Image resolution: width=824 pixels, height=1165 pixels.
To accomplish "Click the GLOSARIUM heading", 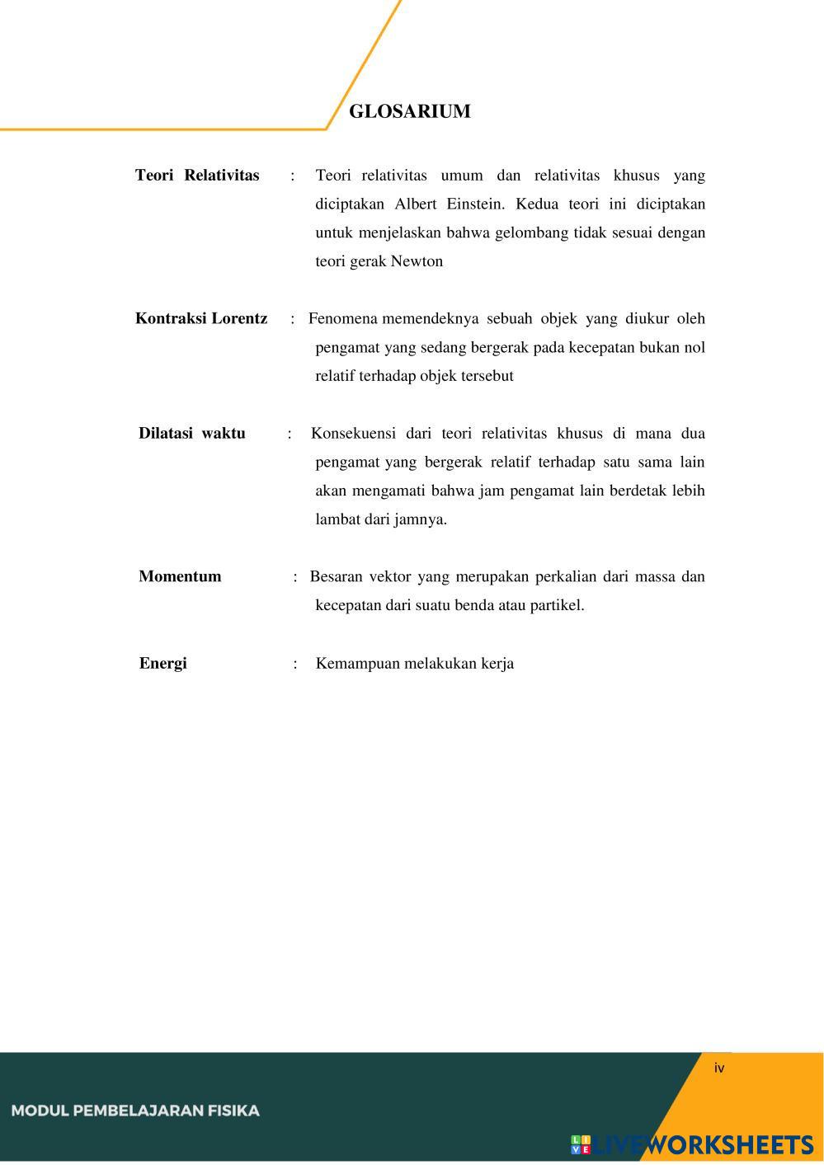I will pos(409,111).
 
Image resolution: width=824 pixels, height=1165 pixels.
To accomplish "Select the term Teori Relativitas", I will pos(197,175).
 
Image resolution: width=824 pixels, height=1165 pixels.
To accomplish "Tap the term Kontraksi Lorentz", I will pos(201,318).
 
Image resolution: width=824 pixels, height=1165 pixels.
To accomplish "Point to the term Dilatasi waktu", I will pos(191,433).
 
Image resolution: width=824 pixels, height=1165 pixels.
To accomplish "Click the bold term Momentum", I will pos(180,576).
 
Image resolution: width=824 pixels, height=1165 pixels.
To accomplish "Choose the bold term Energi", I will pos(162,663).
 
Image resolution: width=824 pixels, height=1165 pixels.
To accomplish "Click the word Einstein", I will pos(473,204).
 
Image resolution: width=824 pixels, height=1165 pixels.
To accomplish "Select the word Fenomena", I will pos(342,318).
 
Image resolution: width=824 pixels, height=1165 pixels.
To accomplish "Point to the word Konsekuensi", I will pos(353,433).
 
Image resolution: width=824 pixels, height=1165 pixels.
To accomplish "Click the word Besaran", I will pos(336,576).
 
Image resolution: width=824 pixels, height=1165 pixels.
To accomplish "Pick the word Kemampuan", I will pos(357,664).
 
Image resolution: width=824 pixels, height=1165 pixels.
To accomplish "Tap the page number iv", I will pos(719,1068).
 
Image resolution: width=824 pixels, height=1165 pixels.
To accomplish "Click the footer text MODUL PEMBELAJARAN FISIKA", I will pos(135,1111).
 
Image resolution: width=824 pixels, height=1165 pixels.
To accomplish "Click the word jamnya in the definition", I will pos(421,519).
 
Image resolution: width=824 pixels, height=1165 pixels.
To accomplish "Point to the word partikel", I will pos(557,605).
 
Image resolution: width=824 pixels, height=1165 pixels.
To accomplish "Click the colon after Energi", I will pos(294,664).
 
